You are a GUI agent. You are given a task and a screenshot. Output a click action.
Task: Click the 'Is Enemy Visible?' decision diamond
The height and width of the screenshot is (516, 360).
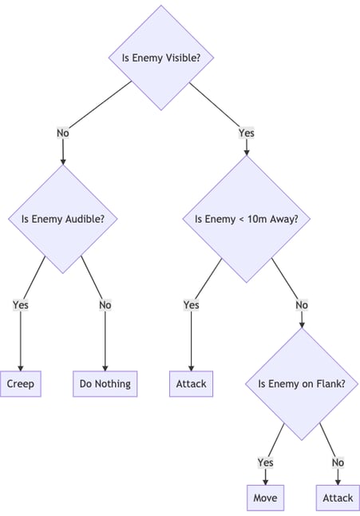[x=161, y=58]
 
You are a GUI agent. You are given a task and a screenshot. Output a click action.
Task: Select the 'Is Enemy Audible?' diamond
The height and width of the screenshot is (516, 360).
[x=63, y=219]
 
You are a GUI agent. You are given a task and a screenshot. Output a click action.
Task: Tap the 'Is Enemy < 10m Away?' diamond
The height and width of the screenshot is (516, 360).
[x=247, y=219]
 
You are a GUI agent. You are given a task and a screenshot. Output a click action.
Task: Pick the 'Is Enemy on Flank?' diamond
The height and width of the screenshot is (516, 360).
[x=302, y=383]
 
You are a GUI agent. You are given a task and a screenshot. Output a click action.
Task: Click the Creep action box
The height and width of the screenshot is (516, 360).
[x=21, y=383]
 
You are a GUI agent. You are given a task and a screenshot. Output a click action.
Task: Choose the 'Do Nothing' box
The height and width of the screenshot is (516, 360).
[x=105, y=383]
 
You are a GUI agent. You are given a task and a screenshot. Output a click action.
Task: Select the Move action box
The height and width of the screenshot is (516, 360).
[x=265, y=498]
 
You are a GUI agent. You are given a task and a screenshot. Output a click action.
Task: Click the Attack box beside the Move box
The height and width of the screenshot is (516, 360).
[x=338, y=498]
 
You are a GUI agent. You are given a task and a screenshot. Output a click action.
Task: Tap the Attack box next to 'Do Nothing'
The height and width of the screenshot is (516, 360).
[x=191, y=383]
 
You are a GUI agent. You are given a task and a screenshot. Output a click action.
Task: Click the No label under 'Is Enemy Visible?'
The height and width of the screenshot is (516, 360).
[x=63, y=133]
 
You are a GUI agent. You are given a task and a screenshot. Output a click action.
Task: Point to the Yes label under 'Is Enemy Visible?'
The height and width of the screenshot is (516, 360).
[x=247, y=133]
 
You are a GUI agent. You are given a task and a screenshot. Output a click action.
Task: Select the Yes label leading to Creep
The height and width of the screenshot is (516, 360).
[x=21, y=305]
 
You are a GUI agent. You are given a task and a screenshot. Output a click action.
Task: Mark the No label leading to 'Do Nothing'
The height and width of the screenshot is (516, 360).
[x=105, y=305]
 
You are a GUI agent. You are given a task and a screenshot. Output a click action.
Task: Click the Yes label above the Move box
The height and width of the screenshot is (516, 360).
[x=265, y=462]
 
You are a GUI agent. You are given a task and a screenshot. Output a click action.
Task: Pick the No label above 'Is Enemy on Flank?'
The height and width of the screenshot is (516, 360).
[x=302, y=305]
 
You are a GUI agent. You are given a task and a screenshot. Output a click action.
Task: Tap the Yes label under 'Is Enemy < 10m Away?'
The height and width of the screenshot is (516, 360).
[x=191, y=305]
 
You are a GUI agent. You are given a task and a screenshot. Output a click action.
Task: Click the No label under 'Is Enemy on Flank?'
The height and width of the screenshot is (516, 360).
[x=338, y=462]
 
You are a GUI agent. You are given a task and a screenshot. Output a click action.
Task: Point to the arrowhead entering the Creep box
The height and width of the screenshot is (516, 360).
[x=21, y=368]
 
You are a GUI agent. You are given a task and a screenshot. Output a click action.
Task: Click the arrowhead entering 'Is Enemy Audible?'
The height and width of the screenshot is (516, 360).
[x=63, y=161]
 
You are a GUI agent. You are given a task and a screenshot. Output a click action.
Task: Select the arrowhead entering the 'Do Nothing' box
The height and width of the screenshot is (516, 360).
[x=105, y=368]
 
